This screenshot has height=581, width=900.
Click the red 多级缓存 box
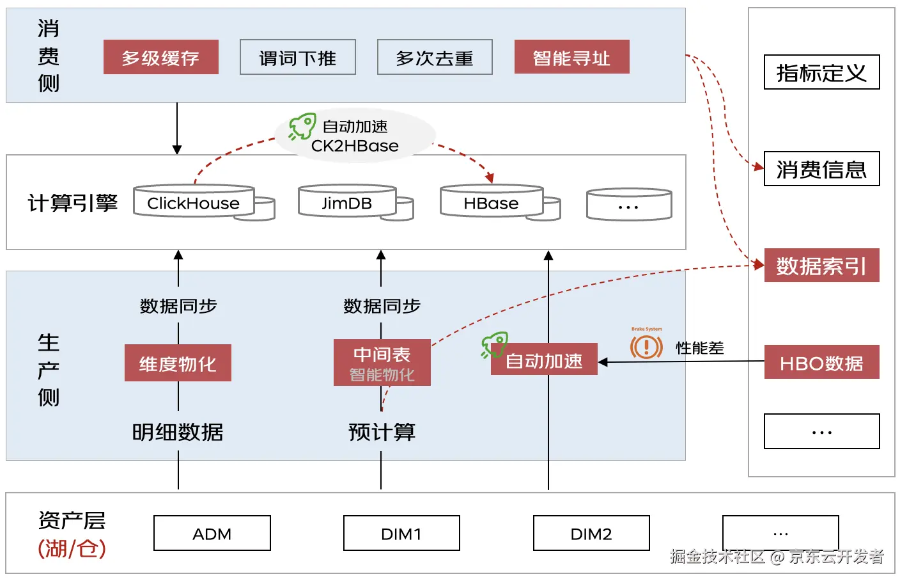point(160,58)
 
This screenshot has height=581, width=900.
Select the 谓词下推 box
point(297,58)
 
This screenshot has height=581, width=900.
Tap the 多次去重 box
point(435,58)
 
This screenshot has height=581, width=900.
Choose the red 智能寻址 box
point(571,58)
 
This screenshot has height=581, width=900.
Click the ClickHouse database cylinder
point(194,202)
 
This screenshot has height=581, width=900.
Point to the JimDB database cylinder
point(347,202)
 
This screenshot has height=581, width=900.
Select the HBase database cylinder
point(492,202)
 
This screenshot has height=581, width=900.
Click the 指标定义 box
point(821,72)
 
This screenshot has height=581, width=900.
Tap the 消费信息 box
point(821,169)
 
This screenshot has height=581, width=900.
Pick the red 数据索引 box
point(821,266)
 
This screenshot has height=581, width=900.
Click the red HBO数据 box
point(821,363)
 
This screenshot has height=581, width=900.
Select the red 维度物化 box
point(178,363)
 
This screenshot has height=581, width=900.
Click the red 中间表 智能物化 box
point(382,363)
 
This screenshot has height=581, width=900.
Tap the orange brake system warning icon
point(646,347)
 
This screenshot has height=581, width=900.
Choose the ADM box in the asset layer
point(212,534)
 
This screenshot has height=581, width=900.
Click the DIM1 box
point(401,534)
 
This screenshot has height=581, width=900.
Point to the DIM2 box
point(591,534)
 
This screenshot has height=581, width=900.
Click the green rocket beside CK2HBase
point(302,126)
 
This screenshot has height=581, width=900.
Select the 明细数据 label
point(178,433)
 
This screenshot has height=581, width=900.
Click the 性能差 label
point(700,348)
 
